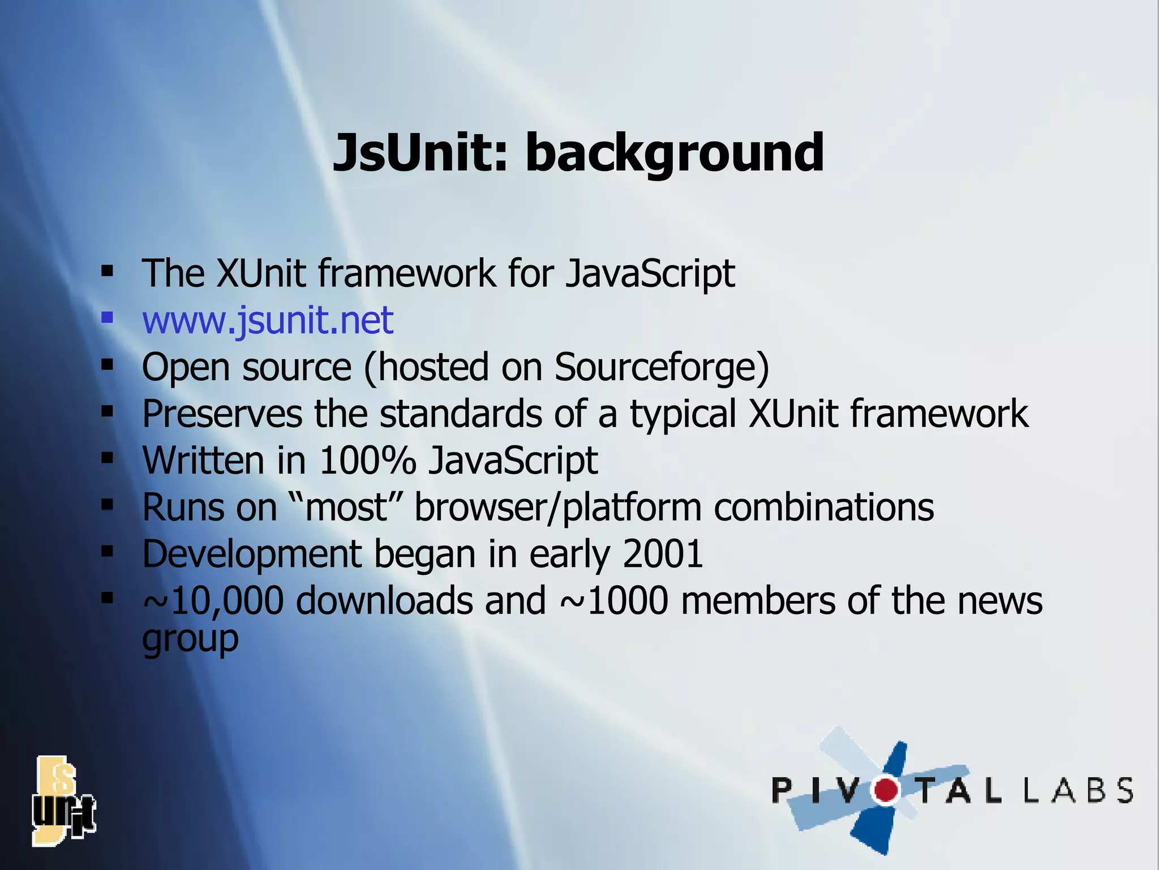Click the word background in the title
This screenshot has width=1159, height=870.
coord(674,153)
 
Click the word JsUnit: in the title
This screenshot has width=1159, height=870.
coord(421,153)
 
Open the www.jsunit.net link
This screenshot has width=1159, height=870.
coord(267,321)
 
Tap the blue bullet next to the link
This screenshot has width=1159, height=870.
coord(107,317)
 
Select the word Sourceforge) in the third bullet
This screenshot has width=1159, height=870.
coord(662,368)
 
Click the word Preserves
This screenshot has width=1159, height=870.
coord(222,413)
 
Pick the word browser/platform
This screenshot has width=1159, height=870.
coord(558,507)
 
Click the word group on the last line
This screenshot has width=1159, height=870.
coord(190,640)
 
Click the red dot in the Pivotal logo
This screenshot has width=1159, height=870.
coord(886,790)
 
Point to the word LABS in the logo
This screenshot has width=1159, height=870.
coord(1079,790)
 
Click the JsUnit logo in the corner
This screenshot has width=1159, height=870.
coord(63,801)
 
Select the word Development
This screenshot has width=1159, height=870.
coord(252,555)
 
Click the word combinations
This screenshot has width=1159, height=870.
coord(823,507)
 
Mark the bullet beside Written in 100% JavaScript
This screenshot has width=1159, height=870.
coord(107,457)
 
